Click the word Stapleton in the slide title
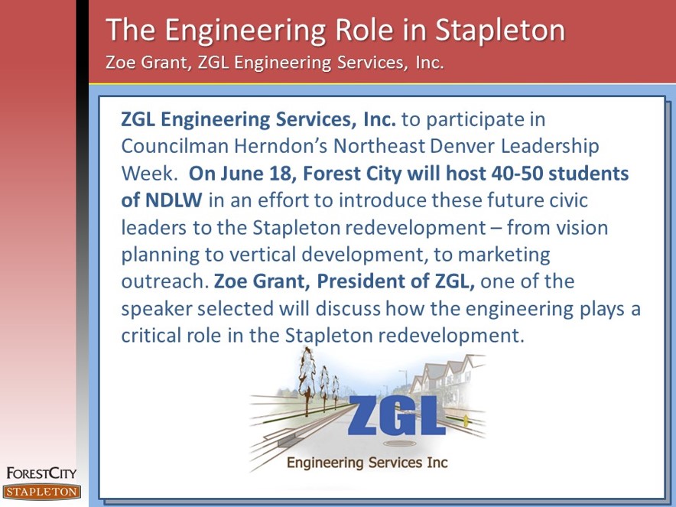499,31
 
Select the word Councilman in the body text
174,146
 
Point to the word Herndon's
281,146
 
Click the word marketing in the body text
503,255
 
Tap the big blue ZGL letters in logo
397,414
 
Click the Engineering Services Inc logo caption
367,463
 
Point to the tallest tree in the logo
307,381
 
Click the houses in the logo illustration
447,375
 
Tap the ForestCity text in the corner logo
41,473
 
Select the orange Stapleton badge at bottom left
41,492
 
